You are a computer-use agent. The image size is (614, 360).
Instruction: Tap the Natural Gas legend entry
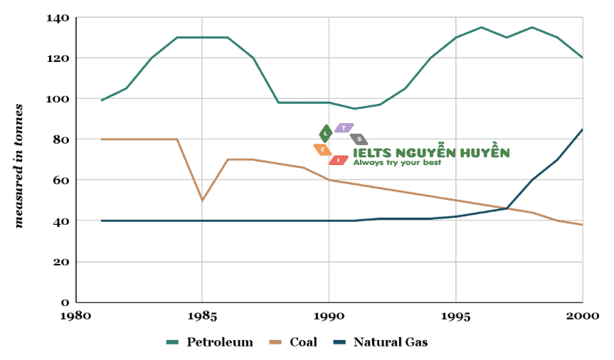click(x=381, y=342)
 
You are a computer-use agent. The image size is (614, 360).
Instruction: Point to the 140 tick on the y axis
click(x=59, y=17)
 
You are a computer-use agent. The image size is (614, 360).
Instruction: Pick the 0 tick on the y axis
click(x=65, y=302)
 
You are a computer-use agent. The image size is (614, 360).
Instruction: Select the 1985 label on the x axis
click(x=202, y=315)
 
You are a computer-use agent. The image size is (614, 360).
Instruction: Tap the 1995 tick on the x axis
click(x=456, y=315)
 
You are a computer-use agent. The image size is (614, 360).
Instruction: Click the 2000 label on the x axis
click(x=583, y=315)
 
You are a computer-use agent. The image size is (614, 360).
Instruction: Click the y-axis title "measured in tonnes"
click(x=19, y=165)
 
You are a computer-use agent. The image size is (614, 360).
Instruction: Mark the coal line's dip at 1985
click(x=203, y=200)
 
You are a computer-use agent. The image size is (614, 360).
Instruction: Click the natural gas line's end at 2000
click(x=583, y=129)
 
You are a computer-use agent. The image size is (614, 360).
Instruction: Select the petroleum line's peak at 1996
click(x=482, y=28)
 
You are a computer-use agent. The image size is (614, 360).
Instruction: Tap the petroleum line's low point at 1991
click(x=355, y=109)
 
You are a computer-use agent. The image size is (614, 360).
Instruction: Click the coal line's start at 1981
click(x=102, y=139)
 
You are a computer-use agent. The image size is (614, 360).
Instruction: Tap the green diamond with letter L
click(x=325, y=133)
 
